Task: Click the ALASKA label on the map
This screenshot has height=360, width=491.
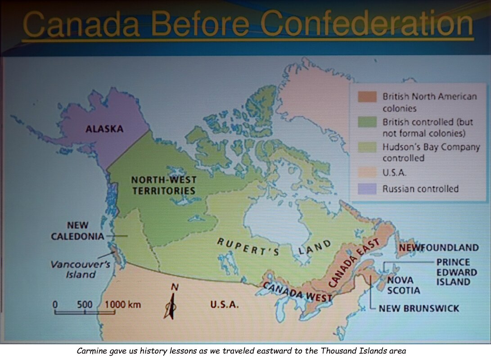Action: (x=104, y=129)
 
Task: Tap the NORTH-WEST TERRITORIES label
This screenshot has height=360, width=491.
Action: (x=164, y=185)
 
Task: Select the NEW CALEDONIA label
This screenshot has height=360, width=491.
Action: (x=78, y=231)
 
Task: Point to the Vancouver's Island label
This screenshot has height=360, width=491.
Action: (x=81, y=270)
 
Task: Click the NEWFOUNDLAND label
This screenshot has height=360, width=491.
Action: (x=439, y=247)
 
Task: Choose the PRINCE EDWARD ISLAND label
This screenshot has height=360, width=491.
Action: (x=456, y=272)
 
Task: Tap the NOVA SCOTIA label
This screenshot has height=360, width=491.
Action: (x=403, y=285)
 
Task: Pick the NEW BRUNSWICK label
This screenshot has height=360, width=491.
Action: (x=419, y=308)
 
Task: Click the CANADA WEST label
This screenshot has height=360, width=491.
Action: (x=297, y=292)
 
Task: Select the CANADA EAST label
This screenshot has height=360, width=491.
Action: (x=354, y=262)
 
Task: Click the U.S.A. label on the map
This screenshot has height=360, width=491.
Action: (x=224, y=304)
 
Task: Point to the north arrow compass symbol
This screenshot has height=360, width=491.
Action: (x=171, y=302)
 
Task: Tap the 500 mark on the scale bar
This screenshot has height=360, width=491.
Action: (x=85, y=304)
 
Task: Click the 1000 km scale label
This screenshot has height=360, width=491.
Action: (x=123, y=304)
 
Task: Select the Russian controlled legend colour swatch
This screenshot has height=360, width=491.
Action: (x=367, y=189)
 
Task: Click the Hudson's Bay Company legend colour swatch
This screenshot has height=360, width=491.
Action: (x=367, y=147)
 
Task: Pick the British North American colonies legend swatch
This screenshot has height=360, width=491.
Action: (x=367, y=97)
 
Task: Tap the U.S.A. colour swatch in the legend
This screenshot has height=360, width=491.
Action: (x=367, y=172)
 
